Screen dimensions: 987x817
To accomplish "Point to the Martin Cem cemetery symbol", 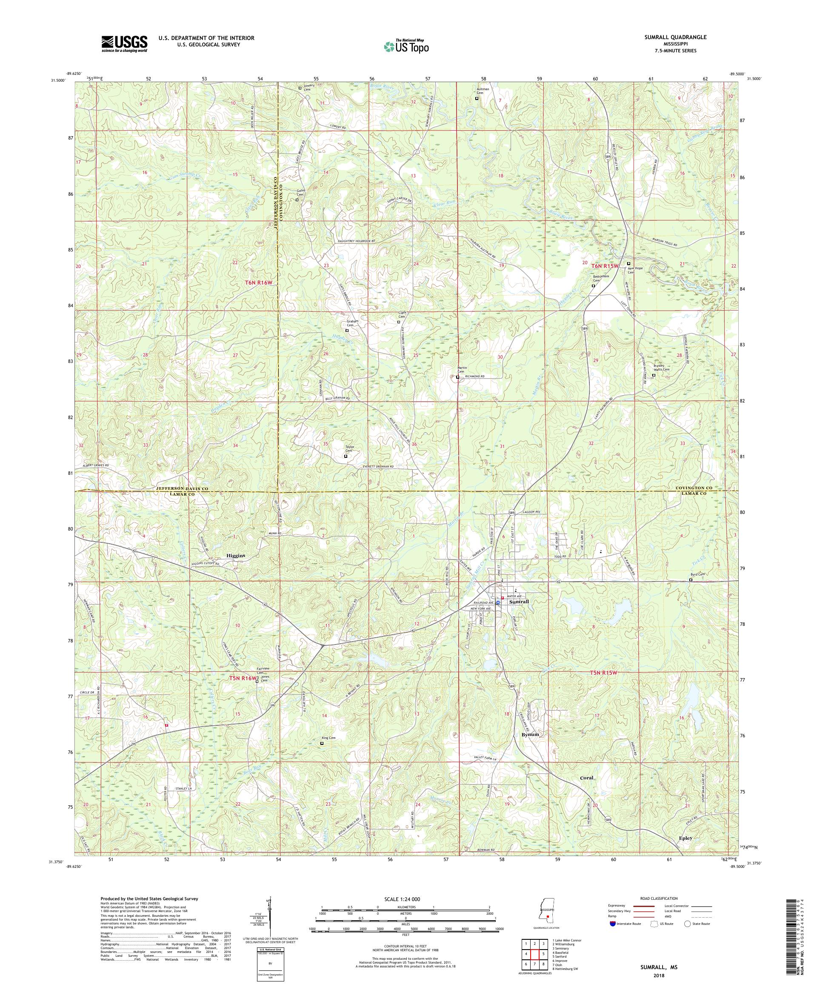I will pos(457,377).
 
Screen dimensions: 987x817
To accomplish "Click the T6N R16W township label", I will pos(259,282).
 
